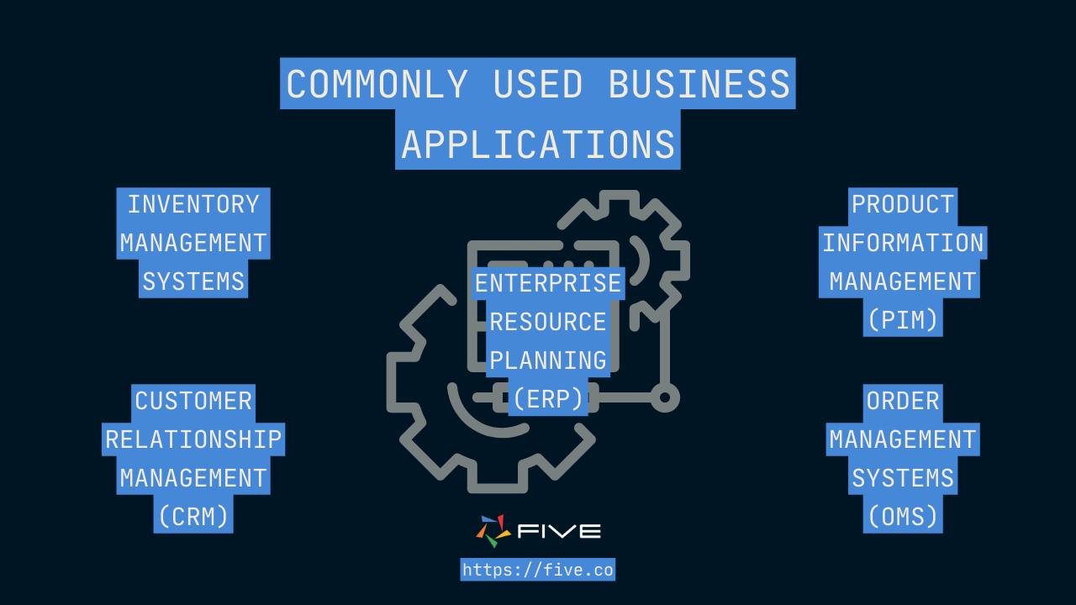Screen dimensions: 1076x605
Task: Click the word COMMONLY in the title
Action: tap(377, 84)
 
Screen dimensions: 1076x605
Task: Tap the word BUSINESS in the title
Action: tap(699, 84)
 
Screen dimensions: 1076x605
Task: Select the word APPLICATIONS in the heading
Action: tap(538, 145)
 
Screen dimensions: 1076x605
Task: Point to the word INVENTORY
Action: tap(193, 204)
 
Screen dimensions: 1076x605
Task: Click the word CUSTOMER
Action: tap(193, 401)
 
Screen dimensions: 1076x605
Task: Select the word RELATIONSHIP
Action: tap(193, 439)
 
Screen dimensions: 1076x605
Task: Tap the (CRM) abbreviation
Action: tap(193, 516)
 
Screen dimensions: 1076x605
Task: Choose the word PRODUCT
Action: tap(903, 204)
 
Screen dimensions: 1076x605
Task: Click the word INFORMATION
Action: tap(903, 243)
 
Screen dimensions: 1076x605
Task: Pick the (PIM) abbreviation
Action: tap(903, 319)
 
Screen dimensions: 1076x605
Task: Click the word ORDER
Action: tap(903, 401)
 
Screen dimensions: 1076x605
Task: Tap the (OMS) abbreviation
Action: tap(903, 516)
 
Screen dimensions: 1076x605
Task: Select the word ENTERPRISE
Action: tap(548, 283)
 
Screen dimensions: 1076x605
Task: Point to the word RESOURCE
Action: tap(548, 322)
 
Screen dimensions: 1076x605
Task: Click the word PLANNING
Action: tap(548, 360)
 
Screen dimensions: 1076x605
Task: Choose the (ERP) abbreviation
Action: tap(548, 399)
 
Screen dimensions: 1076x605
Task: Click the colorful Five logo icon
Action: tap(493, 530)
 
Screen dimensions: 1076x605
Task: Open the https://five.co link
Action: tap(538, 570)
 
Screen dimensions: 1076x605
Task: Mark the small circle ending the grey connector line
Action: tap(665, 397)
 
